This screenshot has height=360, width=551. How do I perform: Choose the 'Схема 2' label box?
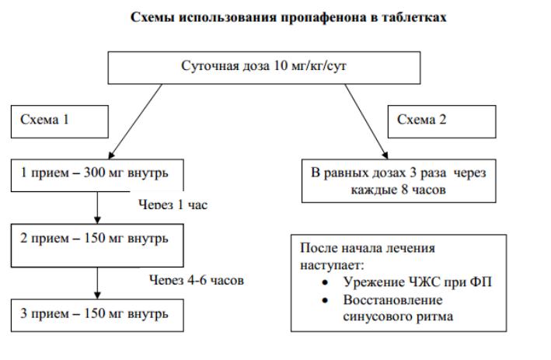(440, 120)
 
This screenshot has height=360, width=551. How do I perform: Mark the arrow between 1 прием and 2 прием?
(97, 207)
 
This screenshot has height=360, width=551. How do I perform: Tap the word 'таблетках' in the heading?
(418, 16)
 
